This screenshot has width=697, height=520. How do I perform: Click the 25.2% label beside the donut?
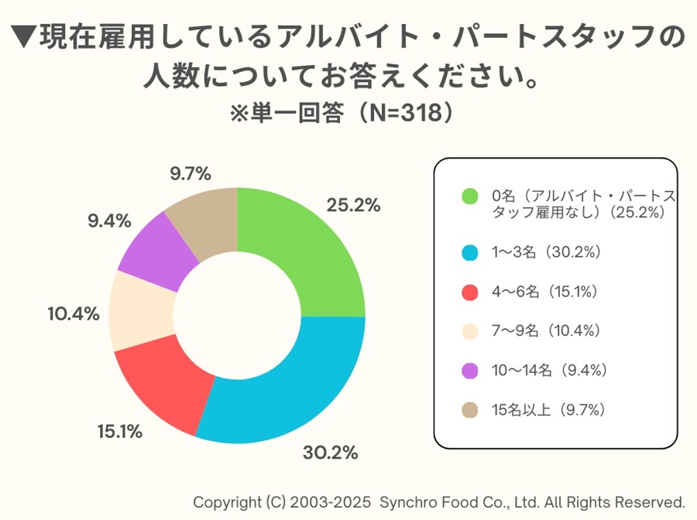(353, 205)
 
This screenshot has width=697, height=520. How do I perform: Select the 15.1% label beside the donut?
(119, 432)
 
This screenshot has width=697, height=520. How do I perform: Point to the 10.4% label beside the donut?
(73, 313)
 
